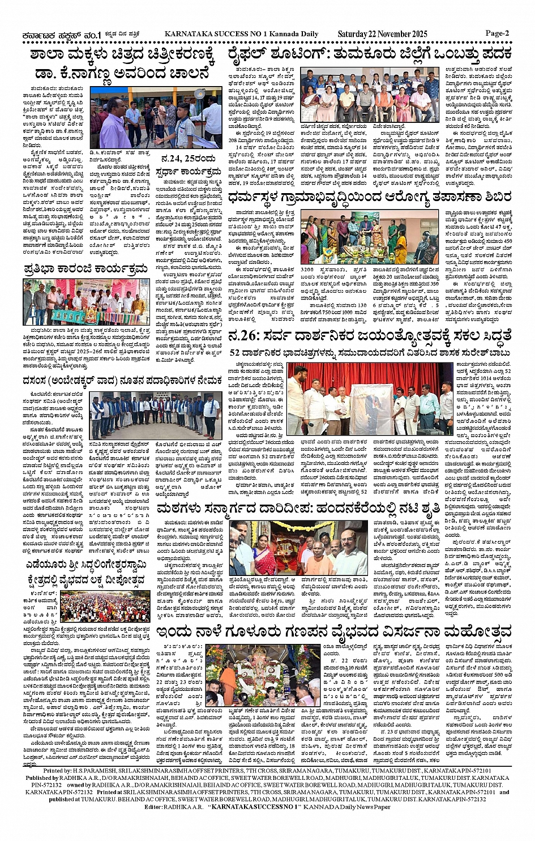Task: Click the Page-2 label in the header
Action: [497, 33]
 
